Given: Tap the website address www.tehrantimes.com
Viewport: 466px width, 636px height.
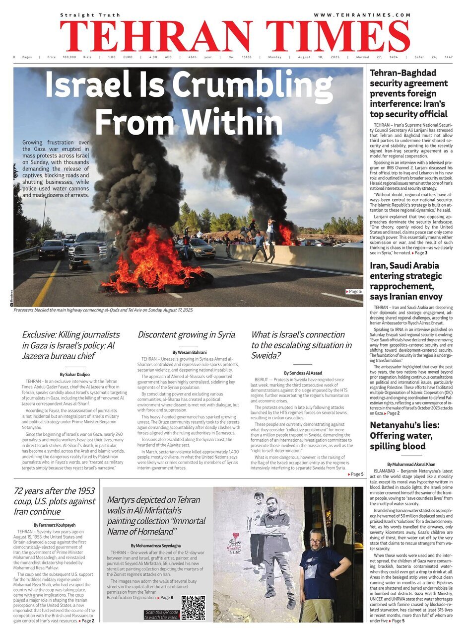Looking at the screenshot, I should (x=355, y=16).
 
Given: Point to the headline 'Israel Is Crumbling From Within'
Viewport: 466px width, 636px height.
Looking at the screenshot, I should (x=189, y=103).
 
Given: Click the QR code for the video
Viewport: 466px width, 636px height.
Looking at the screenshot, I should (x=193, y=608).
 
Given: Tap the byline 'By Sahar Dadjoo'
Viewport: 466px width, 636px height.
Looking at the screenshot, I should (x=75, y=374).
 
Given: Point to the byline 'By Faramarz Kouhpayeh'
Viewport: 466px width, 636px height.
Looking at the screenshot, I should (x=55, y=525).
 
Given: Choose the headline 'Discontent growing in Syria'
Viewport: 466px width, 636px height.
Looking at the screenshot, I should (x=186, y=334).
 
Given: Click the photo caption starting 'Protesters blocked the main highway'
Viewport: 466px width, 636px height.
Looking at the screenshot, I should (x=103, y=310).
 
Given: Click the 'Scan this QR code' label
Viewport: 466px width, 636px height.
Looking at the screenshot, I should (x=161, y=614).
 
